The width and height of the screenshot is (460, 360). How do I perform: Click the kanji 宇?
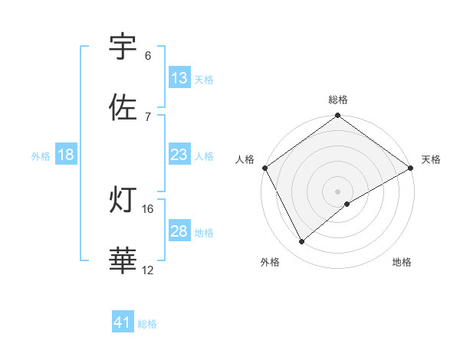123,47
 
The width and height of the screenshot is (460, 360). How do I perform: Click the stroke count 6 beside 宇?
148,56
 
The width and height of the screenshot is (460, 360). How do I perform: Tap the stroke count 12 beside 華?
148,270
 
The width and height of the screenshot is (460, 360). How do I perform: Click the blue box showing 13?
179,78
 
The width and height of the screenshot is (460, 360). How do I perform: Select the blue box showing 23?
179,155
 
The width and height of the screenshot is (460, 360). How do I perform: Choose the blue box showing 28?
179,231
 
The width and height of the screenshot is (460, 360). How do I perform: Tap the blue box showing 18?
66,155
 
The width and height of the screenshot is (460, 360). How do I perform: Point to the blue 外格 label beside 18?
41,155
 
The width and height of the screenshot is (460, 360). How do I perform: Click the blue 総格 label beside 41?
147,324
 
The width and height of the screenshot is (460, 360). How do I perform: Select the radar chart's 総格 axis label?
338,100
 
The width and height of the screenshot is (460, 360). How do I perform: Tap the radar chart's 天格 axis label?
431,159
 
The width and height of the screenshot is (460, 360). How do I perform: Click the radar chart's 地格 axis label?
402,262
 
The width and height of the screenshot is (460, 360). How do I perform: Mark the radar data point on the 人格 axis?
264,167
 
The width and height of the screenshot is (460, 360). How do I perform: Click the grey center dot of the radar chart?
337,191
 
